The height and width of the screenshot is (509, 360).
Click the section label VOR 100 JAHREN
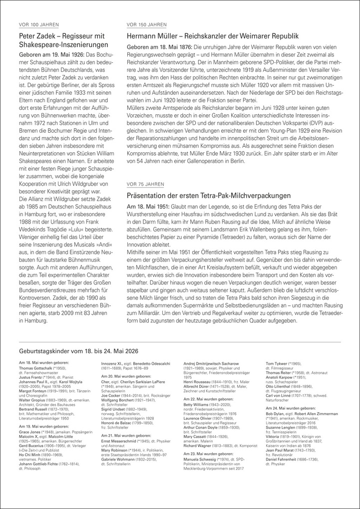tap(38, 24)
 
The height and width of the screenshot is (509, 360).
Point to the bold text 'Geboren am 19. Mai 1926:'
tap(50, 53)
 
